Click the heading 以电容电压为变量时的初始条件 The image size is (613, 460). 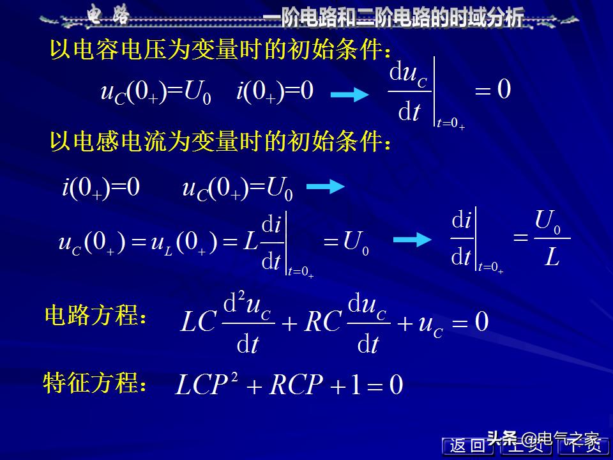pos(220,50)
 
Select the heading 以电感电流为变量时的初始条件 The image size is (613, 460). pos(220,142)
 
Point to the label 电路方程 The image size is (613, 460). pos(95,316)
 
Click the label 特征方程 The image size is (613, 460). pos(95,384)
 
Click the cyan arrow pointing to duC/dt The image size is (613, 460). pos(350,95)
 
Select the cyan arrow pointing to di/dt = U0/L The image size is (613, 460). pos(412,240)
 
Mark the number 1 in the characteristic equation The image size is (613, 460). pos(354,385)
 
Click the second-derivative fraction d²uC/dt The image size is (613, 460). pos(248,323)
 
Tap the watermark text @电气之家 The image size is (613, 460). pos(561,439)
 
